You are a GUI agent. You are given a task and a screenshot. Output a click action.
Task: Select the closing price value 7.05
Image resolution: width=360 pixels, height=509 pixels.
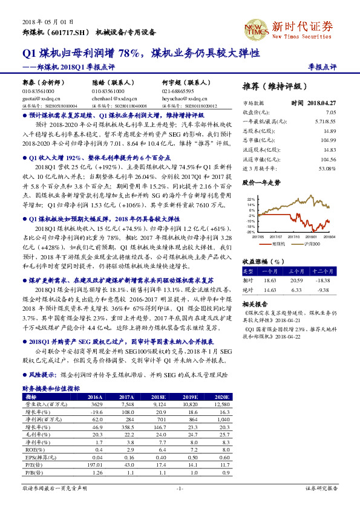pyautogui.click(x=330, y=112)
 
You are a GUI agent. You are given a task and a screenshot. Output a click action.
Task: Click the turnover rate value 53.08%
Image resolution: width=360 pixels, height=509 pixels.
pyautogui.click(x=327, y=169)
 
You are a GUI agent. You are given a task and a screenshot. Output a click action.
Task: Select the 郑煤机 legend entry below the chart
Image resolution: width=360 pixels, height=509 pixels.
pyautogui.click(x=278, y=244)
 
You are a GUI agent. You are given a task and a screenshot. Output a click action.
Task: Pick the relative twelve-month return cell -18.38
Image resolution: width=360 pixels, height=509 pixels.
pyautogui.click(x=326, y=280)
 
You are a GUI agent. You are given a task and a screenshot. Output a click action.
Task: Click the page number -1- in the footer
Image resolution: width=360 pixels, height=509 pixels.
pyautogui.click(x=180, y=488)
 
